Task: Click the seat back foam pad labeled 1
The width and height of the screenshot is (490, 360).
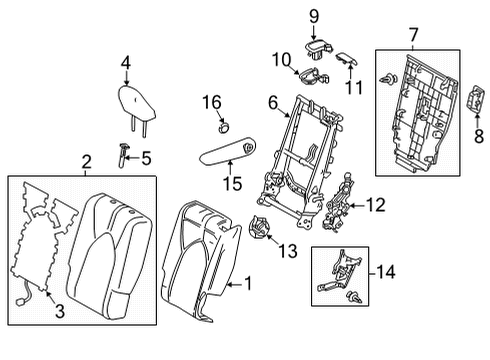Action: [200, 260]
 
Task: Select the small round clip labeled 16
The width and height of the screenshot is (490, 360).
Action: [223, 126]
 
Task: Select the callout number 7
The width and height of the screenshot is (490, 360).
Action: [411, 37]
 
